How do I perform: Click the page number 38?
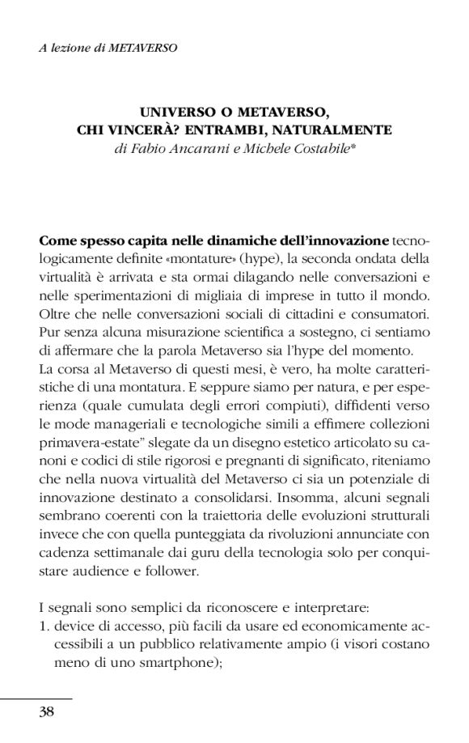click(x=46, y=711)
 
